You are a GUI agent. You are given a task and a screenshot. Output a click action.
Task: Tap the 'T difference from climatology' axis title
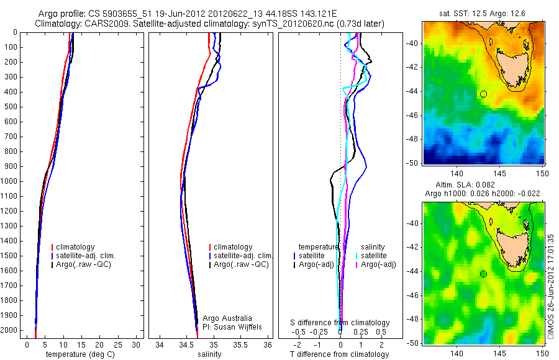click(340, 354)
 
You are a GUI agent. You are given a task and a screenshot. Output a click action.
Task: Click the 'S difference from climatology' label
click(340, 323)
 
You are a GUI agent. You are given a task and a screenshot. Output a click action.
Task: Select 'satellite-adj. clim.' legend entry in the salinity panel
click(243, 256)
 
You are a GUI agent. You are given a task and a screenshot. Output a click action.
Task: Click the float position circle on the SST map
click(483, 94)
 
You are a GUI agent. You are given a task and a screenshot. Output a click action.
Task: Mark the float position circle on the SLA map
click(483, 274)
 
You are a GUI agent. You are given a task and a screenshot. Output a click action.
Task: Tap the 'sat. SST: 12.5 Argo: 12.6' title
click(483, 14)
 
